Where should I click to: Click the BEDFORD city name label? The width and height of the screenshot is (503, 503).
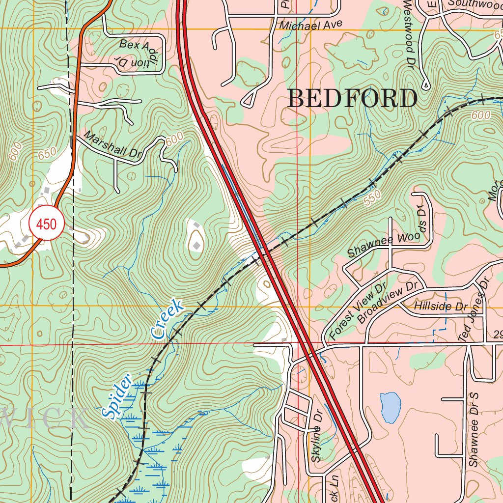click(352, 98)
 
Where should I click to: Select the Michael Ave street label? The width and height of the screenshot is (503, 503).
click(310, 25)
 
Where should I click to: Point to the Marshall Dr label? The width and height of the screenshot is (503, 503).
click(112, 145)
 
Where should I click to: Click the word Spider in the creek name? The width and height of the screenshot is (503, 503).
click(117, 396)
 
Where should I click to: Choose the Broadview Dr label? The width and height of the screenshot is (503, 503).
click(391, 302)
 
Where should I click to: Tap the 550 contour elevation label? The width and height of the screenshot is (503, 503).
click(373, 196)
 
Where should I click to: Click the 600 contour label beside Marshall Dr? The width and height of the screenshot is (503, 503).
click(173, 140)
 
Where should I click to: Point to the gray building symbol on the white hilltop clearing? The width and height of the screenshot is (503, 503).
click(196, 245)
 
